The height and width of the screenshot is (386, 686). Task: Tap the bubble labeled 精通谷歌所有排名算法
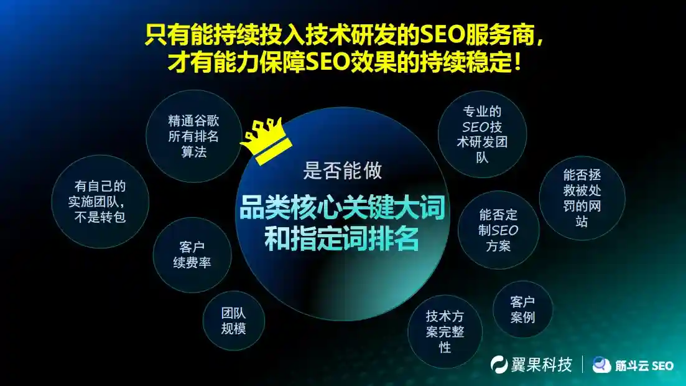click(x=193, y=136)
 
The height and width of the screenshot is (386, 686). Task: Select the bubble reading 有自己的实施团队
click(x=100, y=202)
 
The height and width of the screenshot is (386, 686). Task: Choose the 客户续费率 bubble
click(x=192, y=255)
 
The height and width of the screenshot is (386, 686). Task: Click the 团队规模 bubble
click(x=234, y=320)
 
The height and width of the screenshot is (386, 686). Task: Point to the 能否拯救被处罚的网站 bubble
click(x=582, y=198)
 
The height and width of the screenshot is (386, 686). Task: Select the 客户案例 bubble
click(x=522, y=309)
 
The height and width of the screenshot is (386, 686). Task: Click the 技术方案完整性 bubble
click(x=445, y=332)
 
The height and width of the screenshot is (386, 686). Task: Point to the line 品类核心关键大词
click(x=342, y=209)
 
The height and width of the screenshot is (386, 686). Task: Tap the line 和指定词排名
click(x=342, y=240)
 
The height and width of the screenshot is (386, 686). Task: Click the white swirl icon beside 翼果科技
click(x=499, y=364)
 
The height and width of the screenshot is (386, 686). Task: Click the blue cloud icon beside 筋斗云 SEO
click(x=601, y=364)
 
